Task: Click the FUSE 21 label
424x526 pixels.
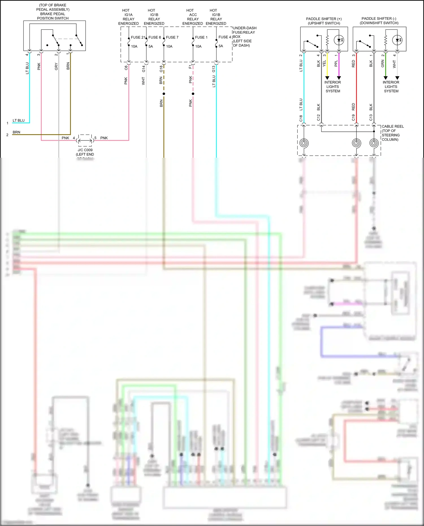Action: (138, 37)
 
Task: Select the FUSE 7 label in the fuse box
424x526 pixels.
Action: (172, 37)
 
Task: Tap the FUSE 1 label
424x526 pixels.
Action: (201, 37)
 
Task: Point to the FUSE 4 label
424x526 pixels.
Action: (224, 37)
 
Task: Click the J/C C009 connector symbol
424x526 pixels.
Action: (85, 140)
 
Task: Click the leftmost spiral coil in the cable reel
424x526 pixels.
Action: (304, 143)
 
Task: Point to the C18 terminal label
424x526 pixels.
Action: (301, 118)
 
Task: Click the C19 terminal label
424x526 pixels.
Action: (353, 118)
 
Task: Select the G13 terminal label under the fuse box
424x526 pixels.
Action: (214, 69)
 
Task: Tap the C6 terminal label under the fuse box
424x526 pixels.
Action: (126, 68)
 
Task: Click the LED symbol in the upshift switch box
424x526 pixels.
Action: (339, 40)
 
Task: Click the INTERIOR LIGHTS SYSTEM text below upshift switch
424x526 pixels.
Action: (333, 87)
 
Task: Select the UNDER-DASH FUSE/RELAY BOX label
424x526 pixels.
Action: (244, 36)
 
